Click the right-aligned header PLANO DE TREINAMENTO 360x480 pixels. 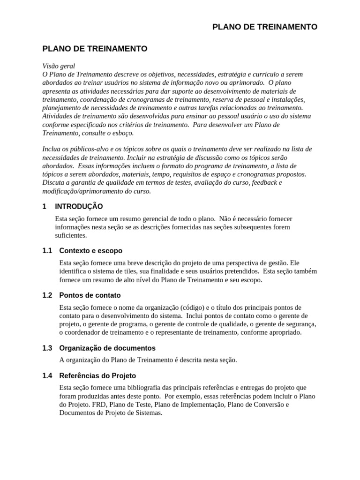(x=265, y=27)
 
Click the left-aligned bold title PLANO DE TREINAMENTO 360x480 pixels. (x=95, y=48)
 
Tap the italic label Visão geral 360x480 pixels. (x=59, y=66)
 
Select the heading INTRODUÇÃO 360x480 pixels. (x=79, y=206)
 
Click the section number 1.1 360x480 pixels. (x=47, y=251)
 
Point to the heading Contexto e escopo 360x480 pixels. (x=90, y=251)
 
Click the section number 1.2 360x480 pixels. (x=47, y=295)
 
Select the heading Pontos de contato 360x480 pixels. (x=90, y=295)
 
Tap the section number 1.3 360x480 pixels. (x=47, y=348)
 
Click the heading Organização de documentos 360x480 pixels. (x=107, y=348)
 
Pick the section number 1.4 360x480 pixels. (x=47, y=375)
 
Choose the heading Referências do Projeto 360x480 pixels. (x=97, y=375)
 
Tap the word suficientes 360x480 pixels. (x=71, y=236)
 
